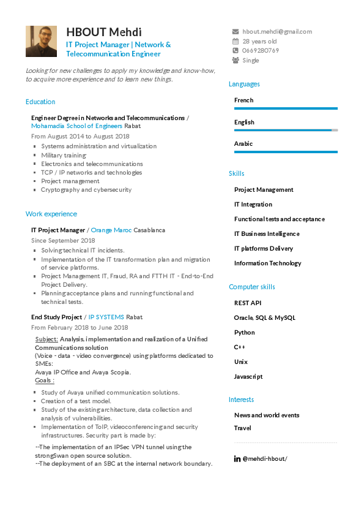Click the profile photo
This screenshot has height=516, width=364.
pos(41,42)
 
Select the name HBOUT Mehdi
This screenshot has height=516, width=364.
pos(103,32)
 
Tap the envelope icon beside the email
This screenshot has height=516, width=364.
pos(236,31)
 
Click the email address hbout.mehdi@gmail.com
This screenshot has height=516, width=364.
pos(277,31)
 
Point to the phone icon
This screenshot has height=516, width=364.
pos(236,51)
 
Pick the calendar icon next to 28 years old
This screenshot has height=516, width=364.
pos(236,41)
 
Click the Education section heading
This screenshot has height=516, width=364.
pos(40,102)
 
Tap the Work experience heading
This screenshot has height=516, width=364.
pos(51,214)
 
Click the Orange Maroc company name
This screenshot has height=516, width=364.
pos(111,230)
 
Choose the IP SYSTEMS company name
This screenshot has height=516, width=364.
pos(106,317)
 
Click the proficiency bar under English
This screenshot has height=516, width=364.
pos(286,131)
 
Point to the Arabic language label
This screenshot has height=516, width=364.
pos(243,143)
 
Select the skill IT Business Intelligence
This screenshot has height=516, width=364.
pos(267,233)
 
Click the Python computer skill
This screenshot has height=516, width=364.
pos(245,332)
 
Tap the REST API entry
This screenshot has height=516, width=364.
pos(248,303)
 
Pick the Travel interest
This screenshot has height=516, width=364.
pos(243,428)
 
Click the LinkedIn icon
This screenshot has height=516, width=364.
pos(237,458)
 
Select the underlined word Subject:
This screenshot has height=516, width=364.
pos(47,339)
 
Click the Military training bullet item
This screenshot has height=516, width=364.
pos(64,155)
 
